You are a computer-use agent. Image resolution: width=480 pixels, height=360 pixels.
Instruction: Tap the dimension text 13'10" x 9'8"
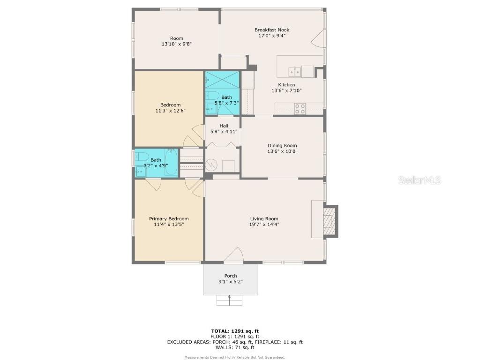[x=176, y=44]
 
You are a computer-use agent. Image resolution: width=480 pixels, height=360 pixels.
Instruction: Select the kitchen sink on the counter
[x=294, y=71]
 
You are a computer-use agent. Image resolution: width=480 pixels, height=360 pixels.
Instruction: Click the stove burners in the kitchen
[x=300, y=109]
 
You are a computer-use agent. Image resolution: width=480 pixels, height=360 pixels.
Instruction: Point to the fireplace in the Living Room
[x=331, y=220]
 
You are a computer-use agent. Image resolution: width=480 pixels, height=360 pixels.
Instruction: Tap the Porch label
[x=230, y=276]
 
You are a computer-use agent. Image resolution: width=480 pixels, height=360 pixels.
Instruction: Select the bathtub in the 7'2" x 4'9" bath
[x=171, y=163]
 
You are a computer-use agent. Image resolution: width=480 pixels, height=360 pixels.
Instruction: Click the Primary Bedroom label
[x=169, y=218]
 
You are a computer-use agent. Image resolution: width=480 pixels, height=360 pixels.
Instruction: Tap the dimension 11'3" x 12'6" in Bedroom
[x=170, y=111]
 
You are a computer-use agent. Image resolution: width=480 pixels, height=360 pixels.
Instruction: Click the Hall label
[x=224, y=126]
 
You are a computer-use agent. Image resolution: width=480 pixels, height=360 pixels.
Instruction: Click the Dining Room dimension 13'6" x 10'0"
[x=282, y=151]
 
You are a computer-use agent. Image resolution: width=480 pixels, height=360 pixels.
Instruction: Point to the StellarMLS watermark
[x=420, y=180]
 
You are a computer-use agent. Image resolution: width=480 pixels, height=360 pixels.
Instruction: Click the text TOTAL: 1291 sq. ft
[x=235, y=331]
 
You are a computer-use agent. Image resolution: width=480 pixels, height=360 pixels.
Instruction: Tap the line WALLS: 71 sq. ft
[x=235, y=347]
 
